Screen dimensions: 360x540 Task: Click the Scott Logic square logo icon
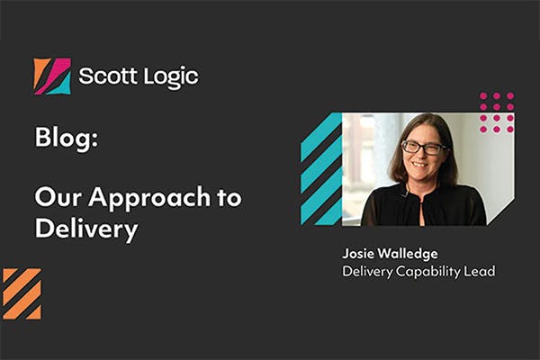pos(52,76)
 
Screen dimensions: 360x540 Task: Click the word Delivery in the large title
pos(86,229)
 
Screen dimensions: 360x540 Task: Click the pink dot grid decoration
pos(497,112)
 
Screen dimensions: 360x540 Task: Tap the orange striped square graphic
pos(22,293)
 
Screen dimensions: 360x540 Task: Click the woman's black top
pos(423,207)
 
